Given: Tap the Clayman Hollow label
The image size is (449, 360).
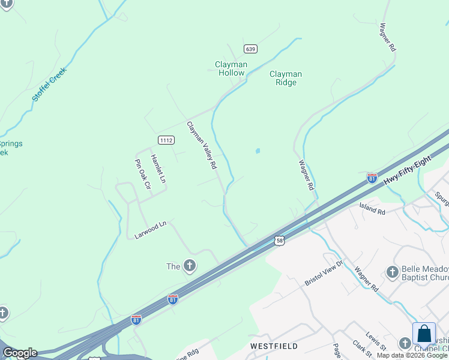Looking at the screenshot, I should click(231, 68).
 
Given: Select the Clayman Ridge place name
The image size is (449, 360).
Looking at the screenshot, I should click(286, 78).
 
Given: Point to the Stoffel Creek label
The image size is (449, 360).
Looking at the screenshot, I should click(50, 84).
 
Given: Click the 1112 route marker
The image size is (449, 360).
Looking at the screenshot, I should click(166, 140).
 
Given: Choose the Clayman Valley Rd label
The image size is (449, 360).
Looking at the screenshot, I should click(201, 145).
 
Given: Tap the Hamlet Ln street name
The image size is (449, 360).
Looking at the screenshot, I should click(157, 169).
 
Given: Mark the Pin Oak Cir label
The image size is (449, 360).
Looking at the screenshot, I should click(142, 174).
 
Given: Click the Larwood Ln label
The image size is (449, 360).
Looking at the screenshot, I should click(150, 230).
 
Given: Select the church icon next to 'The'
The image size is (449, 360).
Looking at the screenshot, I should click(190, 266).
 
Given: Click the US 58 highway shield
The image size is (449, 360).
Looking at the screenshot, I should click(280, 241).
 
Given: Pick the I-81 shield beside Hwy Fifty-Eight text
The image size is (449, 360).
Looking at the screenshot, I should click(372, 178).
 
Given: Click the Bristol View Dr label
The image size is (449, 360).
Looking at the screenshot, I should click(323, 272).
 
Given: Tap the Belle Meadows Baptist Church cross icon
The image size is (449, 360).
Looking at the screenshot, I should click(393, 272).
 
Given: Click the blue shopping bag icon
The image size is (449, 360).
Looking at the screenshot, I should click(424, 334).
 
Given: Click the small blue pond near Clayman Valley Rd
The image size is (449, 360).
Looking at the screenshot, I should click(258, 151).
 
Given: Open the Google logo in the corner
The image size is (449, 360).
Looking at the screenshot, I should click(20, 353).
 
